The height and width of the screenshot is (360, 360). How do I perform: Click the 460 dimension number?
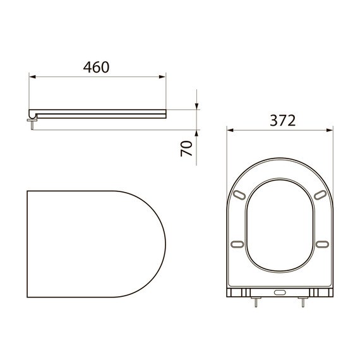tap(97, 66)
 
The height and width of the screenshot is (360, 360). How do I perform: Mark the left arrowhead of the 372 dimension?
tap(231, 131)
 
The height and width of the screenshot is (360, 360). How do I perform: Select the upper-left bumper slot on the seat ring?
tap(239, 194)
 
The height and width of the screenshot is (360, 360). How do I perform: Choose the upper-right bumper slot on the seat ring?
tap(321, 194)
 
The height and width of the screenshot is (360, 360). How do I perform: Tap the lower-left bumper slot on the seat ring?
tap(239, 244)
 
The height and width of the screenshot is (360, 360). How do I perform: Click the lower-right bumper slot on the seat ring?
tap(321, 244)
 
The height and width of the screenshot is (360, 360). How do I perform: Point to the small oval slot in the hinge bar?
tap(280, 292)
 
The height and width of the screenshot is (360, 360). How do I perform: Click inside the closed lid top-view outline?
tap(95, 243)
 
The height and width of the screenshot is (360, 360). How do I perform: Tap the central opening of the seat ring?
tap(280, 227)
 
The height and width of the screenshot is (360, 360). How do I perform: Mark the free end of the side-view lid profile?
tap(165, 112)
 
